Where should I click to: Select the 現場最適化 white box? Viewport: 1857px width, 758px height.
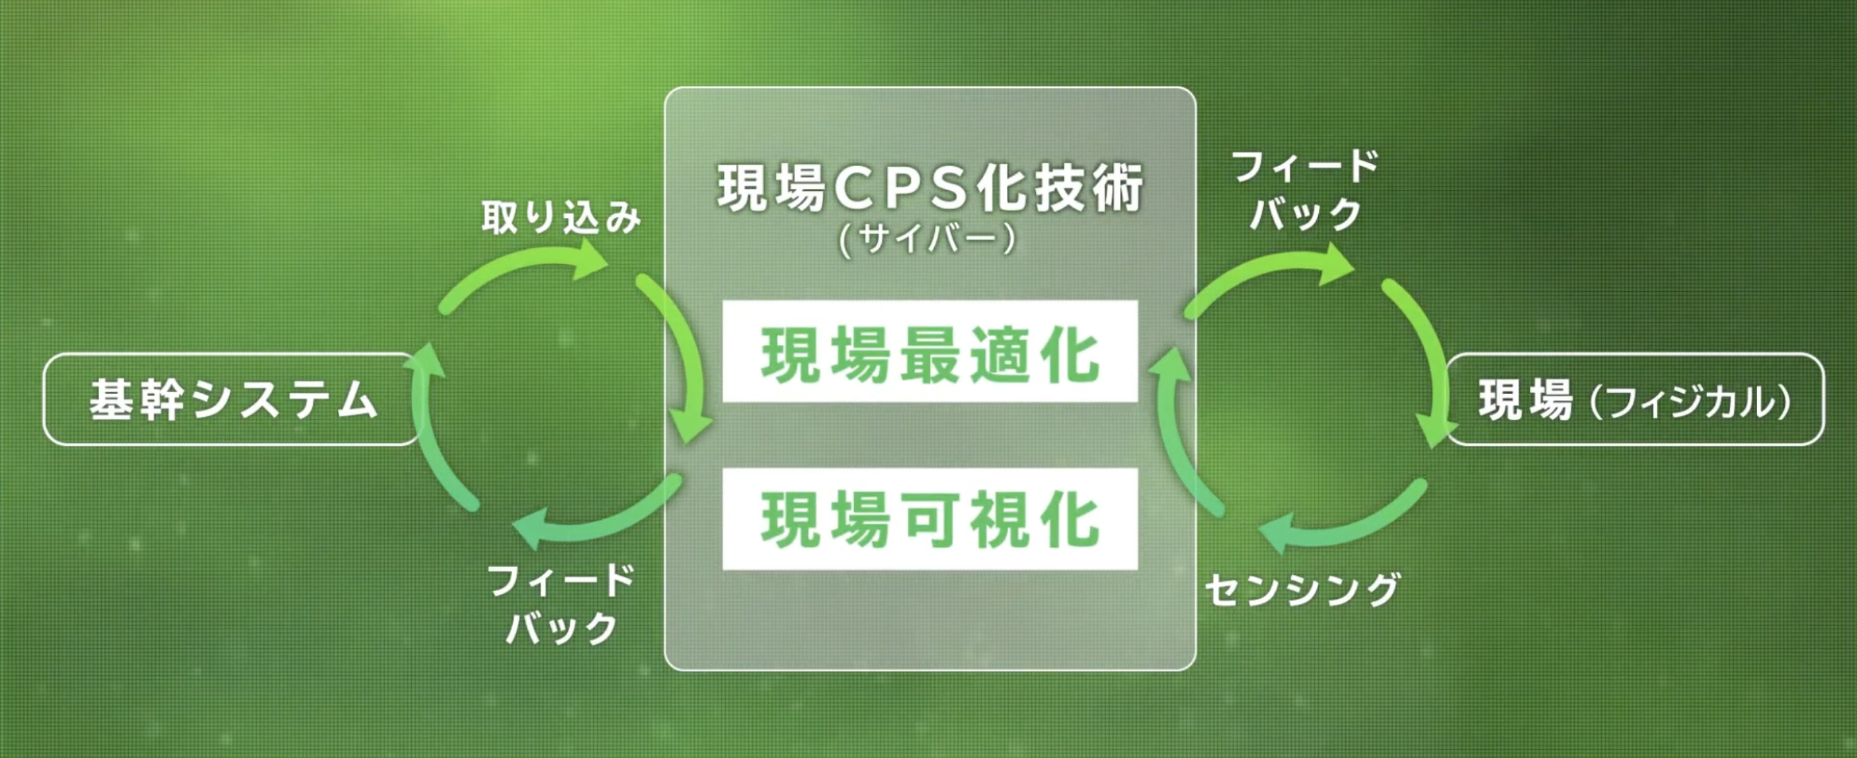(930, 351)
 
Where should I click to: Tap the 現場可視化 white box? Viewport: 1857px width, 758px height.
(930, 519)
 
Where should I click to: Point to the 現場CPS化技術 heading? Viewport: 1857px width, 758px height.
(930, 189)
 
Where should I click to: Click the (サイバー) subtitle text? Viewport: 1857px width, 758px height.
(928, 238)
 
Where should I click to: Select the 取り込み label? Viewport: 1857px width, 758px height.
(561, 217)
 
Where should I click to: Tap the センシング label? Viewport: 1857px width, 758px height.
(1302, 590)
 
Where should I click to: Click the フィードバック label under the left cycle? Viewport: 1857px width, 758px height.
(561, 605)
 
